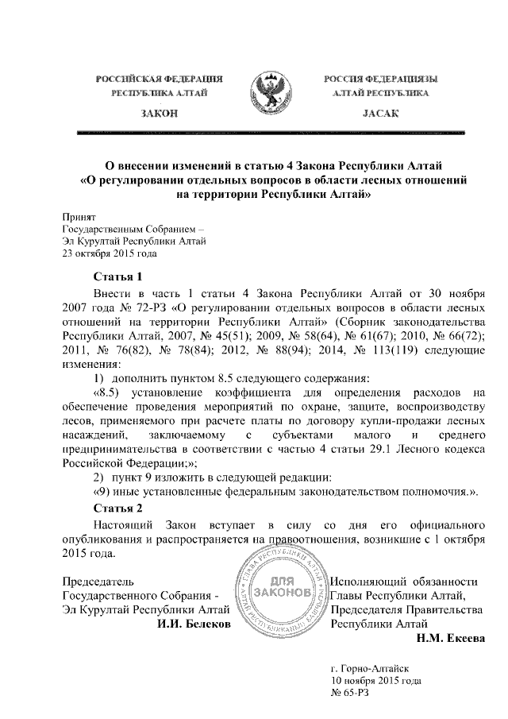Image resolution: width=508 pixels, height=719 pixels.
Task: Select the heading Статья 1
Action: pos(117,277)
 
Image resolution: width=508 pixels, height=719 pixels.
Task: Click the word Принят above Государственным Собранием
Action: pos(79,216)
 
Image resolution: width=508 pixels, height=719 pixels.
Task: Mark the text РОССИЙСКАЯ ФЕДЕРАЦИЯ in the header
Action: pos(159,78)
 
